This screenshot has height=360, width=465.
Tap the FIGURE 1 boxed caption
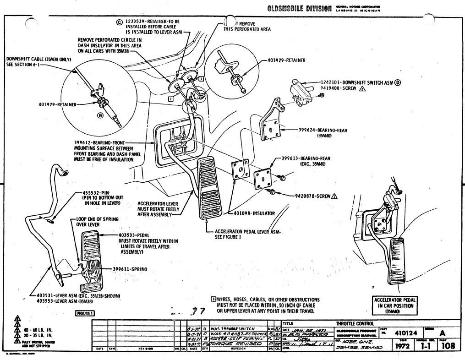click(85, 313)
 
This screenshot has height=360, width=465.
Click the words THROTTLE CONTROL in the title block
click(355, 324)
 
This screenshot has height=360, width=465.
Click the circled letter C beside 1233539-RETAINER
click(120, 22)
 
